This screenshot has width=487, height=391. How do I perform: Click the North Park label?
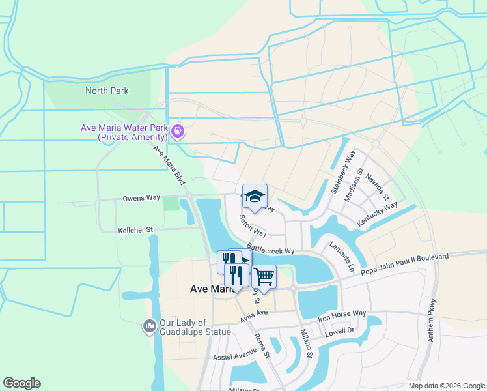[107, 91]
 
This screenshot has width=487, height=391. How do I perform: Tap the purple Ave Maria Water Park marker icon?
[178, 132]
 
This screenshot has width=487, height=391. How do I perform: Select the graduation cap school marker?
[255, 197]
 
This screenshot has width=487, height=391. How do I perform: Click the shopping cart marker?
[264, 278]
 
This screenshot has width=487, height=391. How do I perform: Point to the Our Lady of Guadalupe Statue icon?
[149, 325]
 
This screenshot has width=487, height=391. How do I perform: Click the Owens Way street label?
[141, 197]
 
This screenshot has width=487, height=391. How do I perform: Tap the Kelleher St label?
[135, 230]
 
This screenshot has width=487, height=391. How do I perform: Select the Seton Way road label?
[253, 226]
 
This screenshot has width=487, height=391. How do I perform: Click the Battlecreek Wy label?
[271, 250]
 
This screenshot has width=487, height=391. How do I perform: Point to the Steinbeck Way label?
[343, 171]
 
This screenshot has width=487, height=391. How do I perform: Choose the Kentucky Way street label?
[377, 214]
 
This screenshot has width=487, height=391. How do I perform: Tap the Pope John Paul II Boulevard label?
[404, 264]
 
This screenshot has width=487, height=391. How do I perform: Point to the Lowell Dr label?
[340, 332]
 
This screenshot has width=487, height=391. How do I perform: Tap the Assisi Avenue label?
[234, 356]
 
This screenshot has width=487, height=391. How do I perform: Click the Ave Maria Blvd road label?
[169, 165]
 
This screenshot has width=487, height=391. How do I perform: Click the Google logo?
[21, 383]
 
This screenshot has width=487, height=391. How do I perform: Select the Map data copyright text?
[446, 386]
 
